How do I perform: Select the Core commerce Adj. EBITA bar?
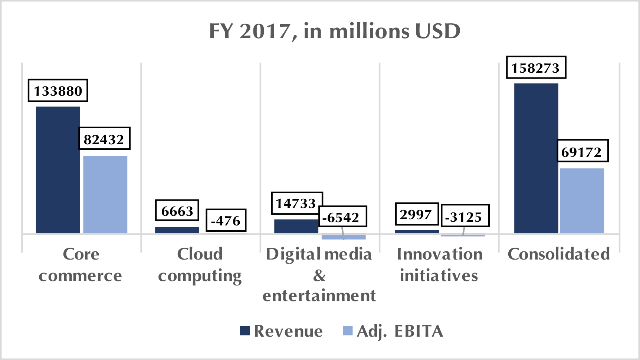coord(105,195)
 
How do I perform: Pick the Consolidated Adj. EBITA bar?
coord(582,201)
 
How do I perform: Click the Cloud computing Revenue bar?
coord(177,230)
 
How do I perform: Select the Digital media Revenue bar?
coord(296,226)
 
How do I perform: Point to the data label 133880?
coord(58,90)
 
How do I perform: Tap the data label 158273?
coord(536,67)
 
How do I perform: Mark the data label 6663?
coord(177,211)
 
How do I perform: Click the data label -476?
coord(226,220)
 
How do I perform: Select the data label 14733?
coord(296,203)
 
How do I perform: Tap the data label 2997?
coord(416,214)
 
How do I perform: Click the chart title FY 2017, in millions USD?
coord(335,31)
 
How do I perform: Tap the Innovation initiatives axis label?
coord(439,265)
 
